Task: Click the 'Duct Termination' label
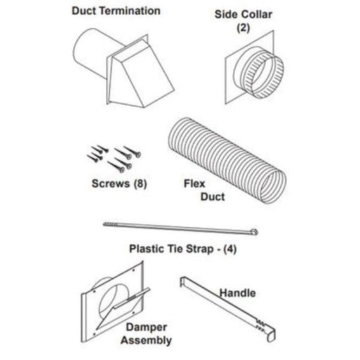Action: [116, 11]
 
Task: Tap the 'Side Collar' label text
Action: [243, 14]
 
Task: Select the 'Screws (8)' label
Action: [120, 184]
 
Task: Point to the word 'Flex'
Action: [194, 184]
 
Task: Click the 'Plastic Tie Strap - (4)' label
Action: [183, 249]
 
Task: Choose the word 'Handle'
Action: [238, 293]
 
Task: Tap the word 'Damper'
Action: [146, 328]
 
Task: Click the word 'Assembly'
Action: [146, 340]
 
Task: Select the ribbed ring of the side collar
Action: [264, 75]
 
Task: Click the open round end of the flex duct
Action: [273, 186]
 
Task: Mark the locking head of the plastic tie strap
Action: [255, 231]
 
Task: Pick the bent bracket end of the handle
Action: [182, 281]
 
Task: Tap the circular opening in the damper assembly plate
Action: [114, 302]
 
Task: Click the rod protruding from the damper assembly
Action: [131, 297]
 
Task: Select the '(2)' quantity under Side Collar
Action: [243, 27]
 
